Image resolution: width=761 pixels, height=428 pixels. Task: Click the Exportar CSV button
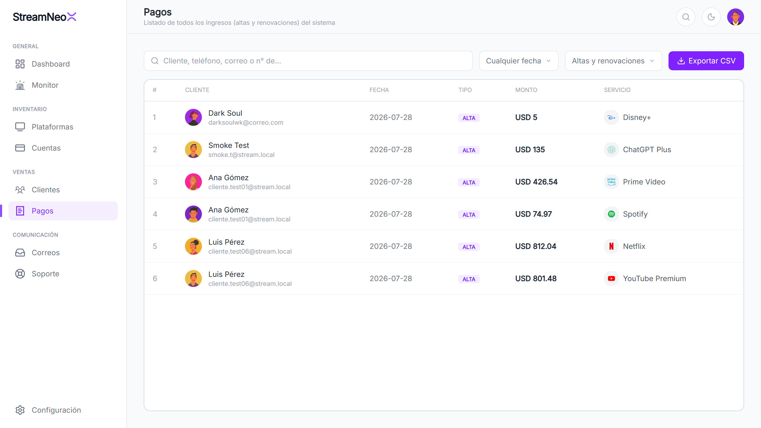(x=706, y=61)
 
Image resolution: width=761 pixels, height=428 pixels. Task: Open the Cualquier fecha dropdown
(x=519, y=61)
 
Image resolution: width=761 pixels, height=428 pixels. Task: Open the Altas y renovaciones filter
(x=613, y=61)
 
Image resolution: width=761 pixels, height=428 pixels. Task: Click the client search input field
(x=308, y=61)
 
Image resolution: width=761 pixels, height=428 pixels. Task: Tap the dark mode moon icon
(x=711, y=17)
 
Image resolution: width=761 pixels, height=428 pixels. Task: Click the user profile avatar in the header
(x=735, y=17)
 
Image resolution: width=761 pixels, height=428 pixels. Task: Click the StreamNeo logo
(x=44, y=17)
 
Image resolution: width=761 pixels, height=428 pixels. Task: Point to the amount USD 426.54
(x=536, y=182)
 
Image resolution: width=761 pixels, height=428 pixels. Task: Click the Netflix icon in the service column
(x=611, y=246)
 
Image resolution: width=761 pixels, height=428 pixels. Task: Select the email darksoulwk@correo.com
(x=245, y=123)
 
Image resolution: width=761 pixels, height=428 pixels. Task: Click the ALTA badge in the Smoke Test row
(x=469, y=150)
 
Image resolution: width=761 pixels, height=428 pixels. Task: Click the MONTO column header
(x=526, y=90)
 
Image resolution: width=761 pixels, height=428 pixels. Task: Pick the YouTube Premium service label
(x=654, y=278)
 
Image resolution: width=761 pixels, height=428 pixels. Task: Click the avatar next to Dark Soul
(x=193, y=117)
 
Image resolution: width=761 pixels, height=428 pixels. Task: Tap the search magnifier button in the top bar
(x=686, y=17)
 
